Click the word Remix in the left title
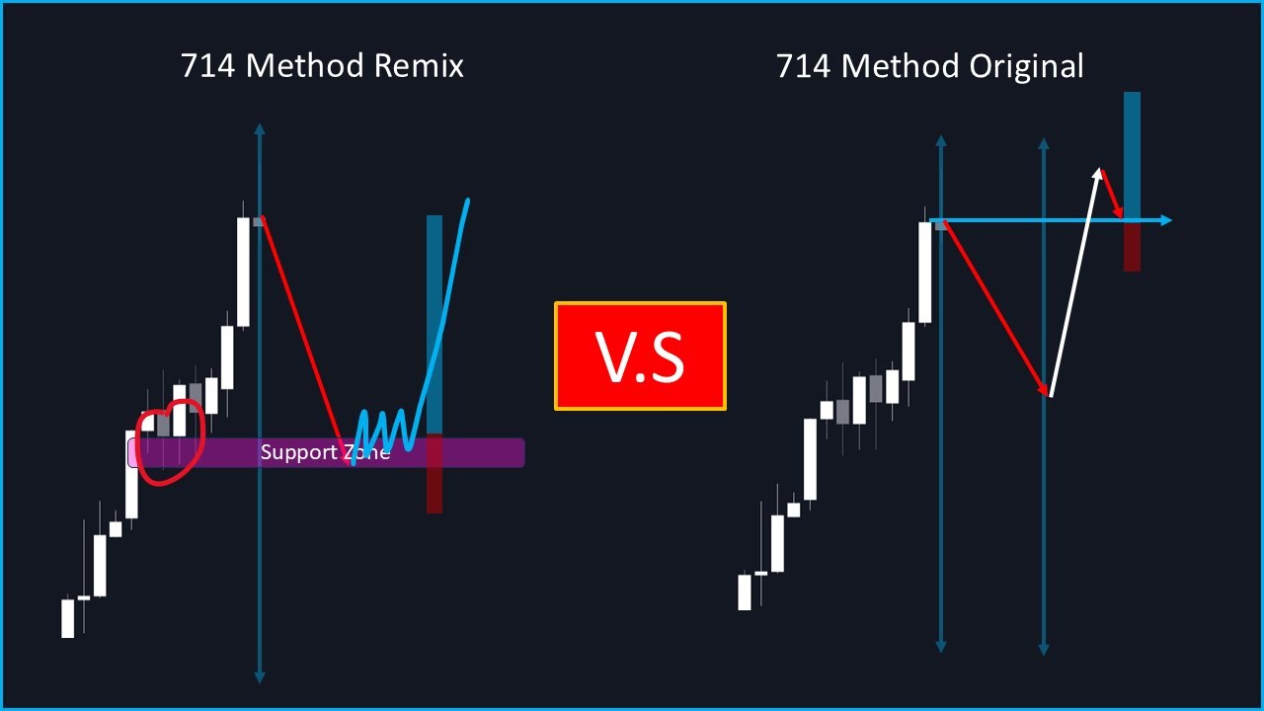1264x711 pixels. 419,66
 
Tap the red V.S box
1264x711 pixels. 640,355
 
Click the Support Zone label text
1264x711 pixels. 325,452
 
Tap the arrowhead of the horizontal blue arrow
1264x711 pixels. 1165,220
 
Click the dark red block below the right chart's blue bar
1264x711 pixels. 1132,246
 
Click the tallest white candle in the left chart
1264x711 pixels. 243,272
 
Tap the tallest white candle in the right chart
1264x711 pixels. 925,273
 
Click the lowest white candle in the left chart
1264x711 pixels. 68,618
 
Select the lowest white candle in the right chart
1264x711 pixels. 745,592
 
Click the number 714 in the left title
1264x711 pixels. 208,66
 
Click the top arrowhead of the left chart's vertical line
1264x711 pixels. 260,128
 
